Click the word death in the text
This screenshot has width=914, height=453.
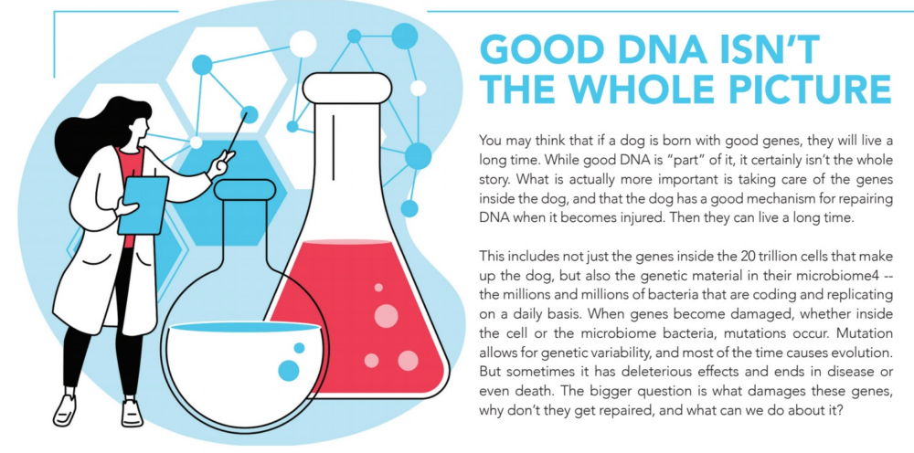(519, 390)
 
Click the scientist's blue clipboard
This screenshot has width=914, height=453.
(142, 205)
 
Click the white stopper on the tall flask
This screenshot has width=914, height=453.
(346, 88)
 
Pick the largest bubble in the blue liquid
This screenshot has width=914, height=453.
(289, 370)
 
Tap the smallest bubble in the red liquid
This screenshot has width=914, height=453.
(378, 287)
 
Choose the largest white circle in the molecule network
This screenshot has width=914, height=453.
(303, 44)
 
